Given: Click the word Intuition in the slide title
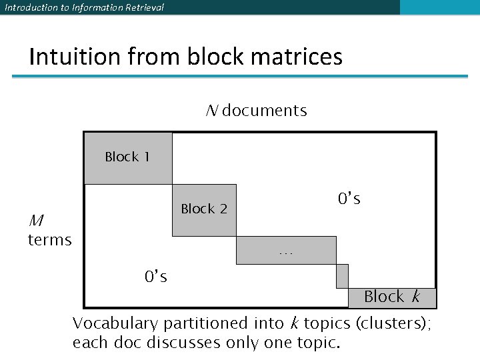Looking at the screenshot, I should [69, 57].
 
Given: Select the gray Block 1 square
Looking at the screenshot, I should [127, 158].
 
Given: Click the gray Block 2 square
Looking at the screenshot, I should [204, 209].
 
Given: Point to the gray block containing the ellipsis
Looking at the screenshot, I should [286, 250].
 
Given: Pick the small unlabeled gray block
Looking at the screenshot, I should [342, 275].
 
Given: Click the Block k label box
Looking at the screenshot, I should [392, 297].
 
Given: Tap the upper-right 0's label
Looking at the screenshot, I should [349, 199].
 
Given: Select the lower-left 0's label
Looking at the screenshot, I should [156, 275].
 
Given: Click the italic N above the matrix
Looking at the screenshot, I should [211, 111].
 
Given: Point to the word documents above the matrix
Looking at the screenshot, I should [265, 111].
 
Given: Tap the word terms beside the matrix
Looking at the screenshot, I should [49, 240].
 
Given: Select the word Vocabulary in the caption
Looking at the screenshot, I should [115, 325].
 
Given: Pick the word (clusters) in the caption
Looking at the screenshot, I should [393, 325].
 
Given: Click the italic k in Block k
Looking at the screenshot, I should [416, 297].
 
